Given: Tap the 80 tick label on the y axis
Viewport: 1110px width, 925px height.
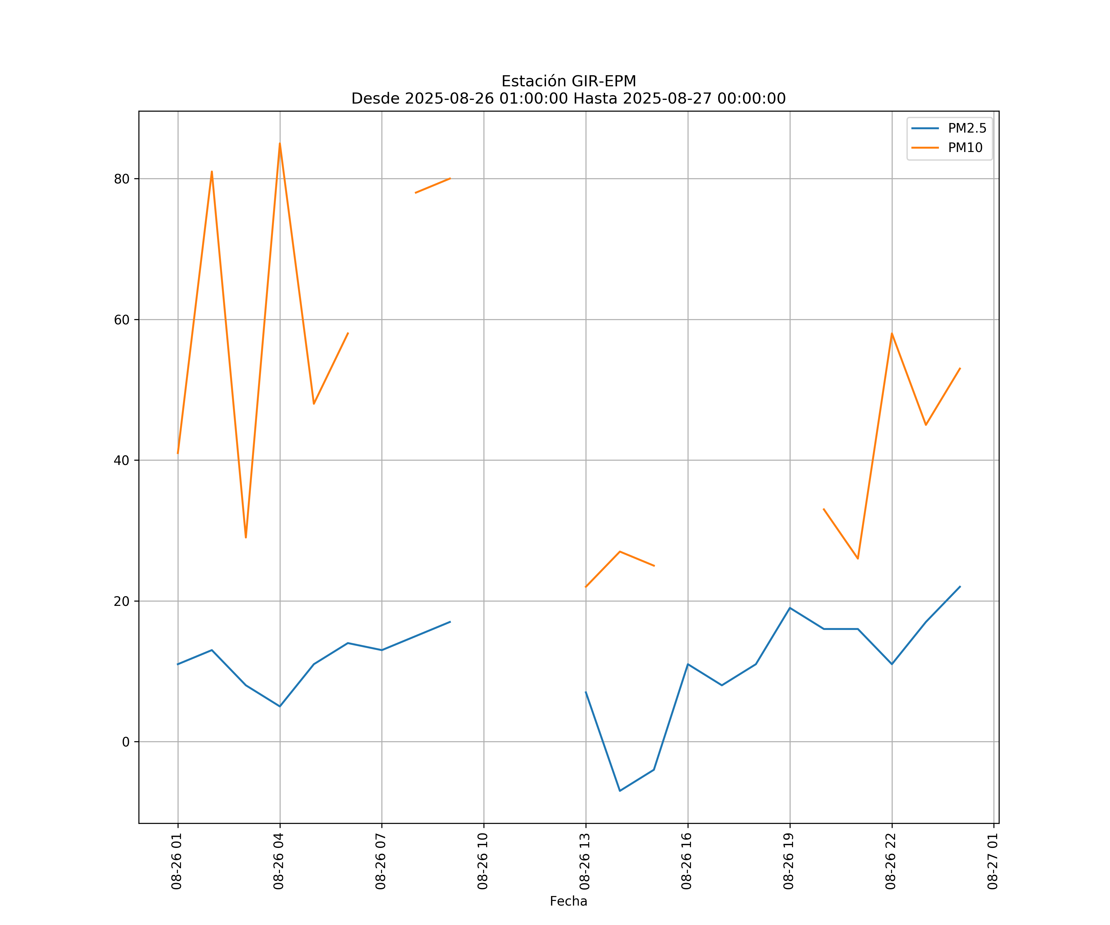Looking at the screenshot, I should click(x=121, y=179).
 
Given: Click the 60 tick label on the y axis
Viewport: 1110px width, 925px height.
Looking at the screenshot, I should click(x=121, y=320).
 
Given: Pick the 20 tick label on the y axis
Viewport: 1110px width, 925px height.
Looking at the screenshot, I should click(x=121, y=602).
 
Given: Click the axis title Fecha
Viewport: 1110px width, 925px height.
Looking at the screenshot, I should click(x=568, y=901).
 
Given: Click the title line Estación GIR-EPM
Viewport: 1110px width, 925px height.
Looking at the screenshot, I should click(x=568, y=81).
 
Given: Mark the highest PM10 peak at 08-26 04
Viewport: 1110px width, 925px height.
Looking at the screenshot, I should click(x=280, y=144).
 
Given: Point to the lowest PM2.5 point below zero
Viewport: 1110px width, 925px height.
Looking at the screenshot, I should click(x=619, y=791).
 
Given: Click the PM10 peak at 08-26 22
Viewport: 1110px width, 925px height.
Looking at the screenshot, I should click(x=892, y=334).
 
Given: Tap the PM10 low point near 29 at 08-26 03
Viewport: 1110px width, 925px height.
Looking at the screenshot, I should click(x=246, y=537).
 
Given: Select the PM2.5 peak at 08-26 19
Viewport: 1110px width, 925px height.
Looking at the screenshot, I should click(x=790, y=608).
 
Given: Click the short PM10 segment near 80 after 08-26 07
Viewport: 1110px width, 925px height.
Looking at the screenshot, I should click(x=433, y=186).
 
